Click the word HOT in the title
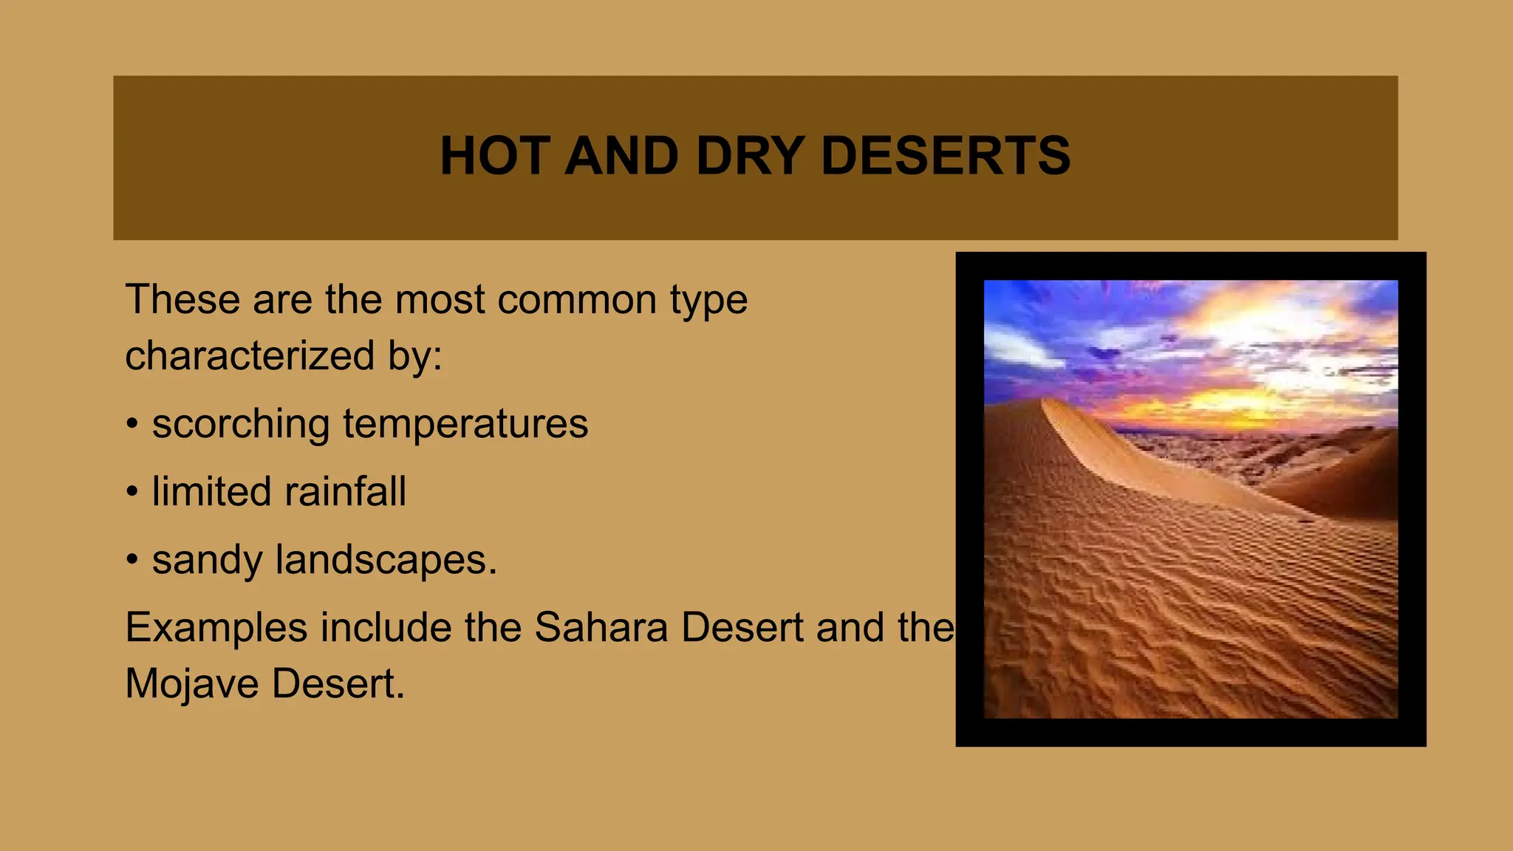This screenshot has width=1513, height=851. click(x=493, y=156)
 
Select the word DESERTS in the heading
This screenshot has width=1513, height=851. click(x=945, y=156)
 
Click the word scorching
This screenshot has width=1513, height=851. click(x=240, y=425)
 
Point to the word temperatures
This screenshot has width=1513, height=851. click(x=465, y=425)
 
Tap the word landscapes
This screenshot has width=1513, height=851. click(x=386, y=560)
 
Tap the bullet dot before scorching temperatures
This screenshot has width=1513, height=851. click(x=132, y=425)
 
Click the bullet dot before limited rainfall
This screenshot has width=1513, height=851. click(x=132, y=492)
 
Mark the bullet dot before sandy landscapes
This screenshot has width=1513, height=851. click(x=132, y=560)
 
